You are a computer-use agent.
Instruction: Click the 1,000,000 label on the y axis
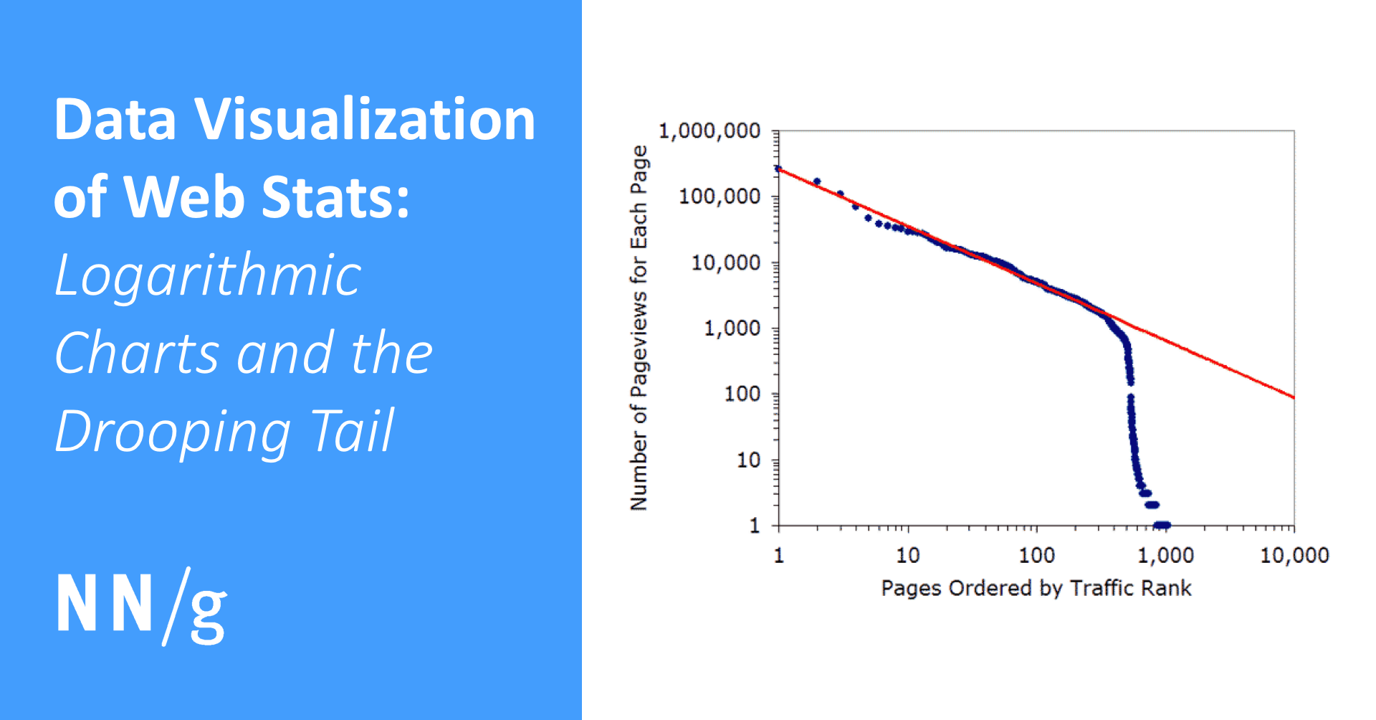point(709,131)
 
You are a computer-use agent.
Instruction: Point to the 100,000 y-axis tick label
point(719,196)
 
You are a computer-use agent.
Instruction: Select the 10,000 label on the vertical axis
point(725,262)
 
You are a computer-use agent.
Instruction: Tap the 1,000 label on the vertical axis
point(732,328)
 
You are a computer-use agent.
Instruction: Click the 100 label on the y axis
point(742,394)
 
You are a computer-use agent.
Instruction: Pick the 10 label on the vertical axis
point(748,460)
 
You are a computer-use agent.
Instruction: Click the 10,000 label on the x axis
point(1294,555)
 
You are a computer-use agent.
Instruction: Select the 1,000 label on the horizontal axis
point(1165,555)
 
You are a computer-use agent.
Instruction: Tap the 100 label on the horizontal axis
point(1036,555)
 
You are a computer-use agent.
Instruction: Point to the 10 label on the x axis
point(907,555)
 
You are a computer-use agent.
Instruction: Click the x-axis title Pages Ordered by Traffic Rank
point(1036,588)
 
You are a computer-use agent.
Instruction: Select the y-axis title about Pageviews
point(639,328)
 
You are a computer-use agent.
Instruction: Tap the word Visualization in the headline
point(365,119)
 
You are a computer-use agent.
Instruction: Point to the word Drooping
point(173,432)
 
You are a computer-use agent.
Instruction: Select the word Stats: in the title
point(335,197)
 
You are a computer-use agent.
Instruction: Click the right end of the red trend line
point(1293,397)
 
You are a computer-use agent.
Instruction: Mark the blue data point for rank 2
point(817,182)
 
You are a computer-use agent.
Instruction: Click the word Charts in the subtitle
point(136,354)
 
